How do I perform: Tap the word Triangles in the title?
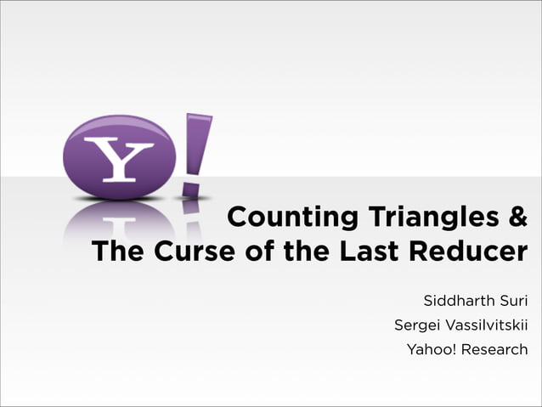click(x=434, y=218)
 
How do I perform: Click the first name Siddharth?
click(x=458, y=301)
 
